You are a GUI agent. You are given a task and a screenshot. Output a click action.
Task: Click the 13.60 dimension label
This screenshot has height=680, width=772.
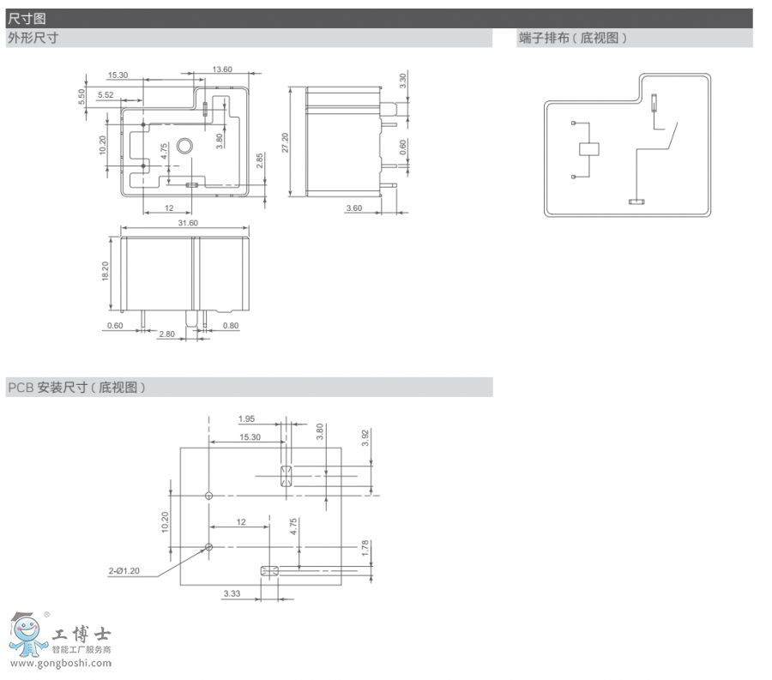coord(221,69)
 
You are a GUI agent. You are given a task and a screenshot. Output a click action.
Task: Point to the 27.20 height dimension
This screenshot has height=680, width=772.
coord(285,142)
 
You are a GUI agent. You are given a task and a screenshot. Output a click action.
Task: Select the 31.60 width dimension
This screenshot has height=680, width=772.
coord(187,224)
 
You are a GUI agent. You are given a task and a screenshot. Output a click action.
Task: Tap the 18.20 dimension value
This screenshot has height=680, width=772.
coord(104,272)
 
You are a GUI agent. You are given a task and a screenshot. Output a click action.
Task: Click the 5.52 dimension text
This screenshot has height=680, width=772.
coord(106,94)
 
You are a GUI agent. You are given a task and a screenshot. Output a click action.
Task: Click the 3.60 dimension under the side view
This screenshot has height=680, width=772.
coord(353,208)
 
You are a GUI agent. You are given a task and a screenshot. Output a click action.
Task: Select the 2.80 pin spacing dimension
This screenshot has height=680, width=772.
coord(168,334)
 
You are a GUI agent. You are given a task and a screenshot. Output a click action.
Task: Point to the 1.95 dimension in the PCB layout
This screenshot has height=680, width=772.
coord(247,418)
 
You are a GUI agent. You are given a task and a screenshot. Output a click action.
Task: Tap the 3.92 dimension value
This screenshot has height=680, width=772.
coord(365,437)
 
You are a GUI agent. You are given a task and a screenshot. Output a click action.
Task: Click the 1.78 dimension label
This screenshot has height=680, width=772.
coord(365,547)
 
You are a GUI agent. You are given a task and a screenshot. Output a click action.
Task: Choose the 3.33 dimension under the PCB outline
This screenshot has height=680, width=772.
coord(232,593)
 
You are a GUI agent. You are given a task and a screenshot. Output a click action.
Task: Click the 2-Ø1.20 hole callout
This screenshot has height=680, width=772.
coord(124,570)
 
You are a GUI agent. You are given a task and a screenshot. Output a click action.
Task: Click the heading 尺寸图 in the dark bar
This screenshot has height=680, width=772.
coord(27,18)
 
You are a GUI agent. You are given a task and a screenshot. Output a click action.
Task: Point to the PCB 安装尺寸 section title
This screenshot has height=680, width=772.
coord(76,388)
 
